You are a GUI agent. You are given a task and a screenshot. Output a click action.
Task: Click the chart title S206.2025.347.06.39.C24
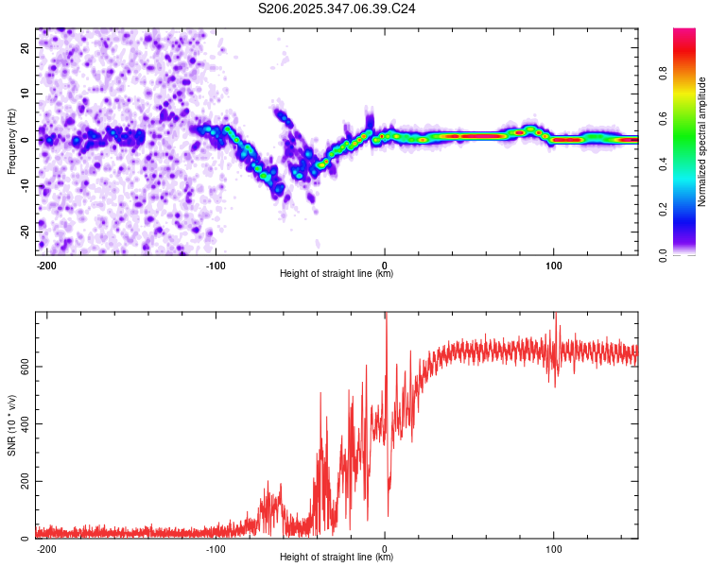337,9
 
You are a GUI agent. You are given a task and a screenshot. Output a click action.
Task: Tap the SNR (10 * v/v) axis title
11,424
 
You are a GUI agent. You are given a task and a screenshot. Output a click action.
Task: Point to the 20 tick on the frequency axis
26,47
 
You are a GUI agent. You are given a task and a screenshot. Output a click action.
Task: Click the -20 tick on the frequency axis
25,232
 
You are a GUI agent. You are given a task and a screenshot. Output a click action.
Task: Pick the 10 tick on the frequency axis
26,94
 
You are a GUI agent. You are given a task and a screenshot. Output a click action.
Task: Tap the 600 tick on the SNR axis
23,366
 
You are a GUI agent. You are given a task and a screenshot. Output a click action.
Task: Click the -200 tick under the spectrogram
46,265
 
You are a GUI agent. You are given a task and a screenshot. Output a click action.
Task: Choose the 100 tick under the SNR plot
553,548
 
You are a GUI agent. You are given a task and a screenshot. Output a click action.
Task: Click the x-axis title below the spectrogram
337,274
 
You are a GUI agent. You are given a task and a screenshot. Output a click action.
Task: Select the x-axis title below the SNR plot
337,558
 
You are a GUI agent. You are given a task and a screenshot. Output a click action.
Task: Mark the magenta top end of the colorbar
684,32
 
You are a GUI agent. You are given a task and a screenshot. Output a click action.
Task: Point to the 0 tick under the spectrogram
384,265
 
